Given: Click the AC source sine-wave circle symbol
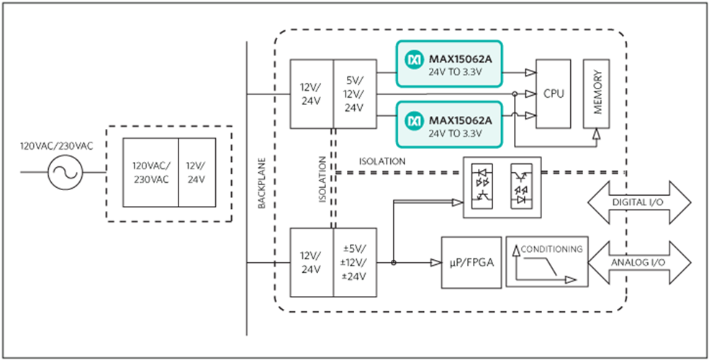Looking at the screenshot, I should (66, 172).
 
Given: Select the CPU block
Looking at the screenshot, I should (554, 93).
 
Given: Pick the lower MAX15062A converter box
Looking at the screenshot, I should (448, 125).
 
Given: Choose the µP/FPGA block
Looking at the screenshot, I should (468, 263).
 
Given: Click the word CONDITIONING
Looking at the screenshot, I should (551, 249).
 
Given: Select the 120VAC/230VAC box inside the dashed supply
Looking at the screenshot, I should (150, 173).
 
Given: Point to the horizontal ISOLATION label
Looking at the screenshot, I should (381, 161).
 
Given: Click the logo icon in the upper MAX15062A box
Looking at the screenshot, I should (413, 57).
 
